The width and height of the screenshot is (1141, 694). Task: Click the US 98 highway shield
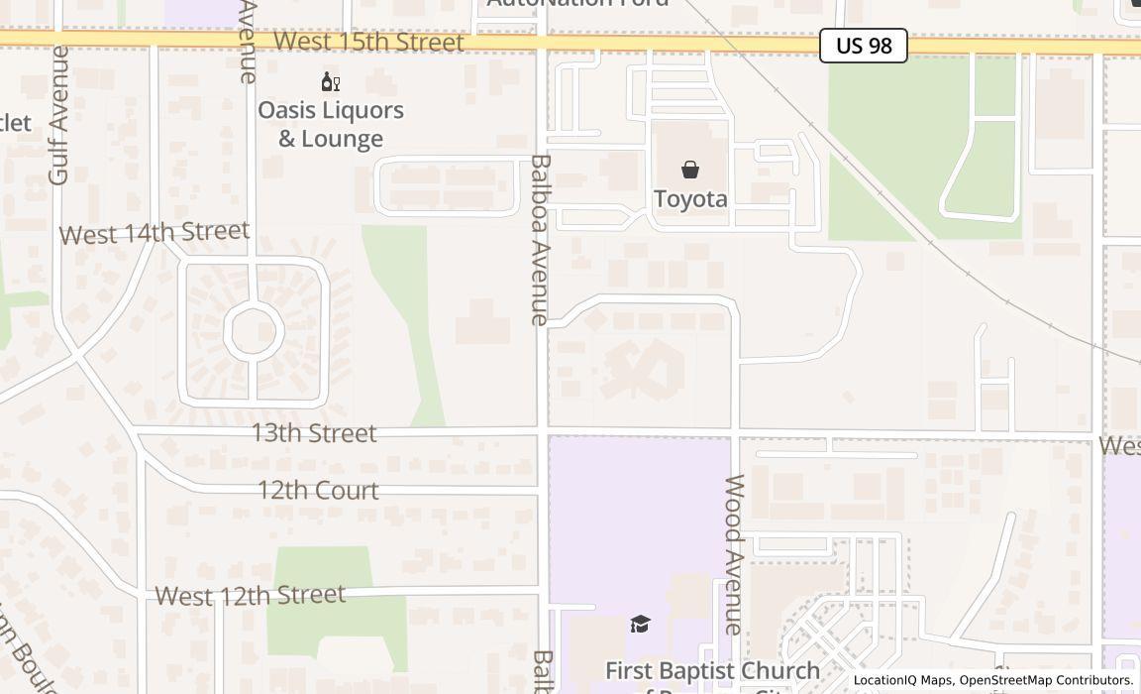(863, 46)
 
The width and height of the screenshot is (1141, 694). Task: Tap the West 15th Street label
(368, 42)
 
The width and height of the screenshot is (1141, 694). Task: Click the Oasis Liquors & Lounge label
(331, 124)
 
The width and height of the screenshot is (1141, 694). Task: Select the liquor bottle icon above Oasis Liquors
(330, 81)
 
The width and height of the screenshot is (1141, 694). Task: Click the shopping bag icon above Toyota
(690, 170)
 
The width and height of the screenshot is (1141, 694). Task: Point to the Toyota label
(690, 198)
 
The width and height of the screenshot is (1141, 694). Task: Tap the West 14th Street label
(155, 233)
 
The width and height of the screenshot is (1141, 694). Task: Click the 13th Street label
(313, 433)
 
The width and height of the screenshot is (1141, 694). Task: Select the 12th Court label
(318, 490)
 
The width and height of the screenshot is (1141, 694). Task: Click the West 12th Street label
(250, 595)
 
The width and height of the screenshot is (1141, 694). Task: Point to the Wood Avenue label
(734, 554)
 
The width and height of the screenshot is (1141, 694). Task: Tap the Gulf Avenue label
(58, 115)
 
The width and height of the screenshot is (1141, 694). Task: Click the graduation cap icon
(641, 624)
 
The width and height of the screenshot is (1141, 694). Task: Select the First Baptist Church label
(712, 671)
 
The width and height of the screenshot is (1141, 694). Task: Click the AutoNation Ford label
(577, 3)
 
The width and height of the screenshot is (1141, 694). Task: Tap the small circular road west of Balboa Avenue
(254, 331)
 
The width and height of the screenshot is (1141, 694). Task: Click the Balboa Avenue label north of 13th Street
(540, 239)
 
